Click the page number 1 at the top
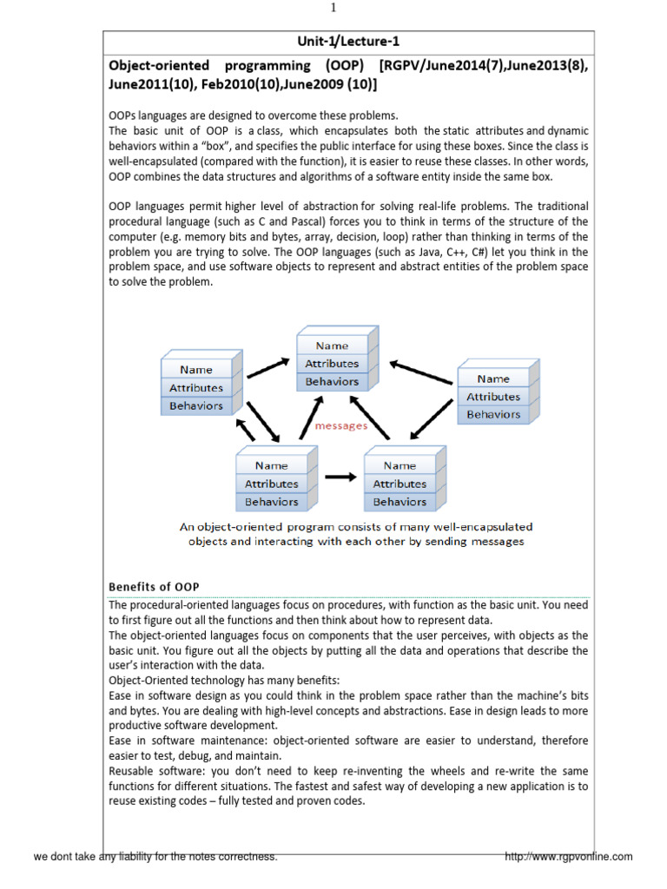click(x=333, y=9)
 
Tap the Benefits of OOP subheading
click(x=153, y=587)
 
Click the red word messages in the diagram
click(x=340, y=425)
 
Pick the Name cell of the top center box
click(x=332, y=346)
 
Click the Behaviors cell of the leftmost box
click(x=196, y=405)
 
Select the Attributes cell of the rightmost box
click(x=493, y=397)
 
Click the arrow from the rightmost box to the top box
click(x=423, y=367)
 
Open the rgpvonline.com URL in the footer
click(x=569, y=857)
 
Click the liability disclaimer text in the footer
click(x=155, y=857)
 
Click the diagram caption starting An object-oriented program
click(x=356, y=534)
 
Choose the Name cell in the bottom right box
click(x=400, y=465)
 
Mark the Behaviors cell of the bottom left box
click(x=271, y=501)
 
